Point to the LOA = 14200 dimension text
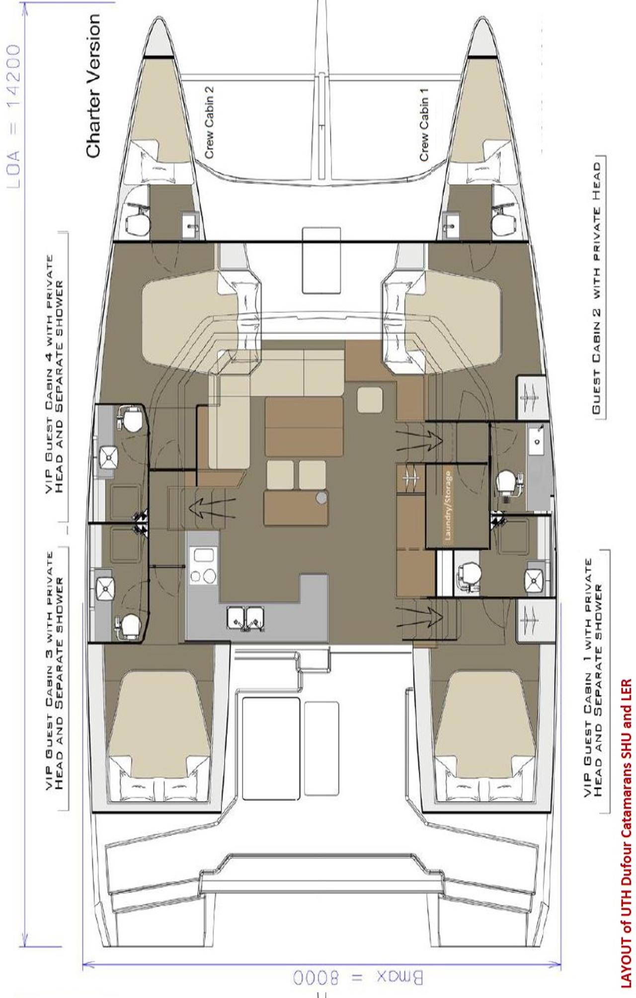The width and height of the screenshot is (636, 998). (x=14, y=116)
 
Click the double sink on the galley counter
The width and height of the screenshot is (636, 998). (x=245, y=618)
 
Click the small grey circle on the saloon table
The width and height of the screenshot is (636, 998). (x=321, y=498)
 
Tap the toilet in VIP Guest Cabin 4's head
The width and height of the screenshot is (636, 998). (x=131, y=420)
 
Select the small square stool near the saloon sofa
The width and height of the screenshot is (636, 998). (x=370, y=400)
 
